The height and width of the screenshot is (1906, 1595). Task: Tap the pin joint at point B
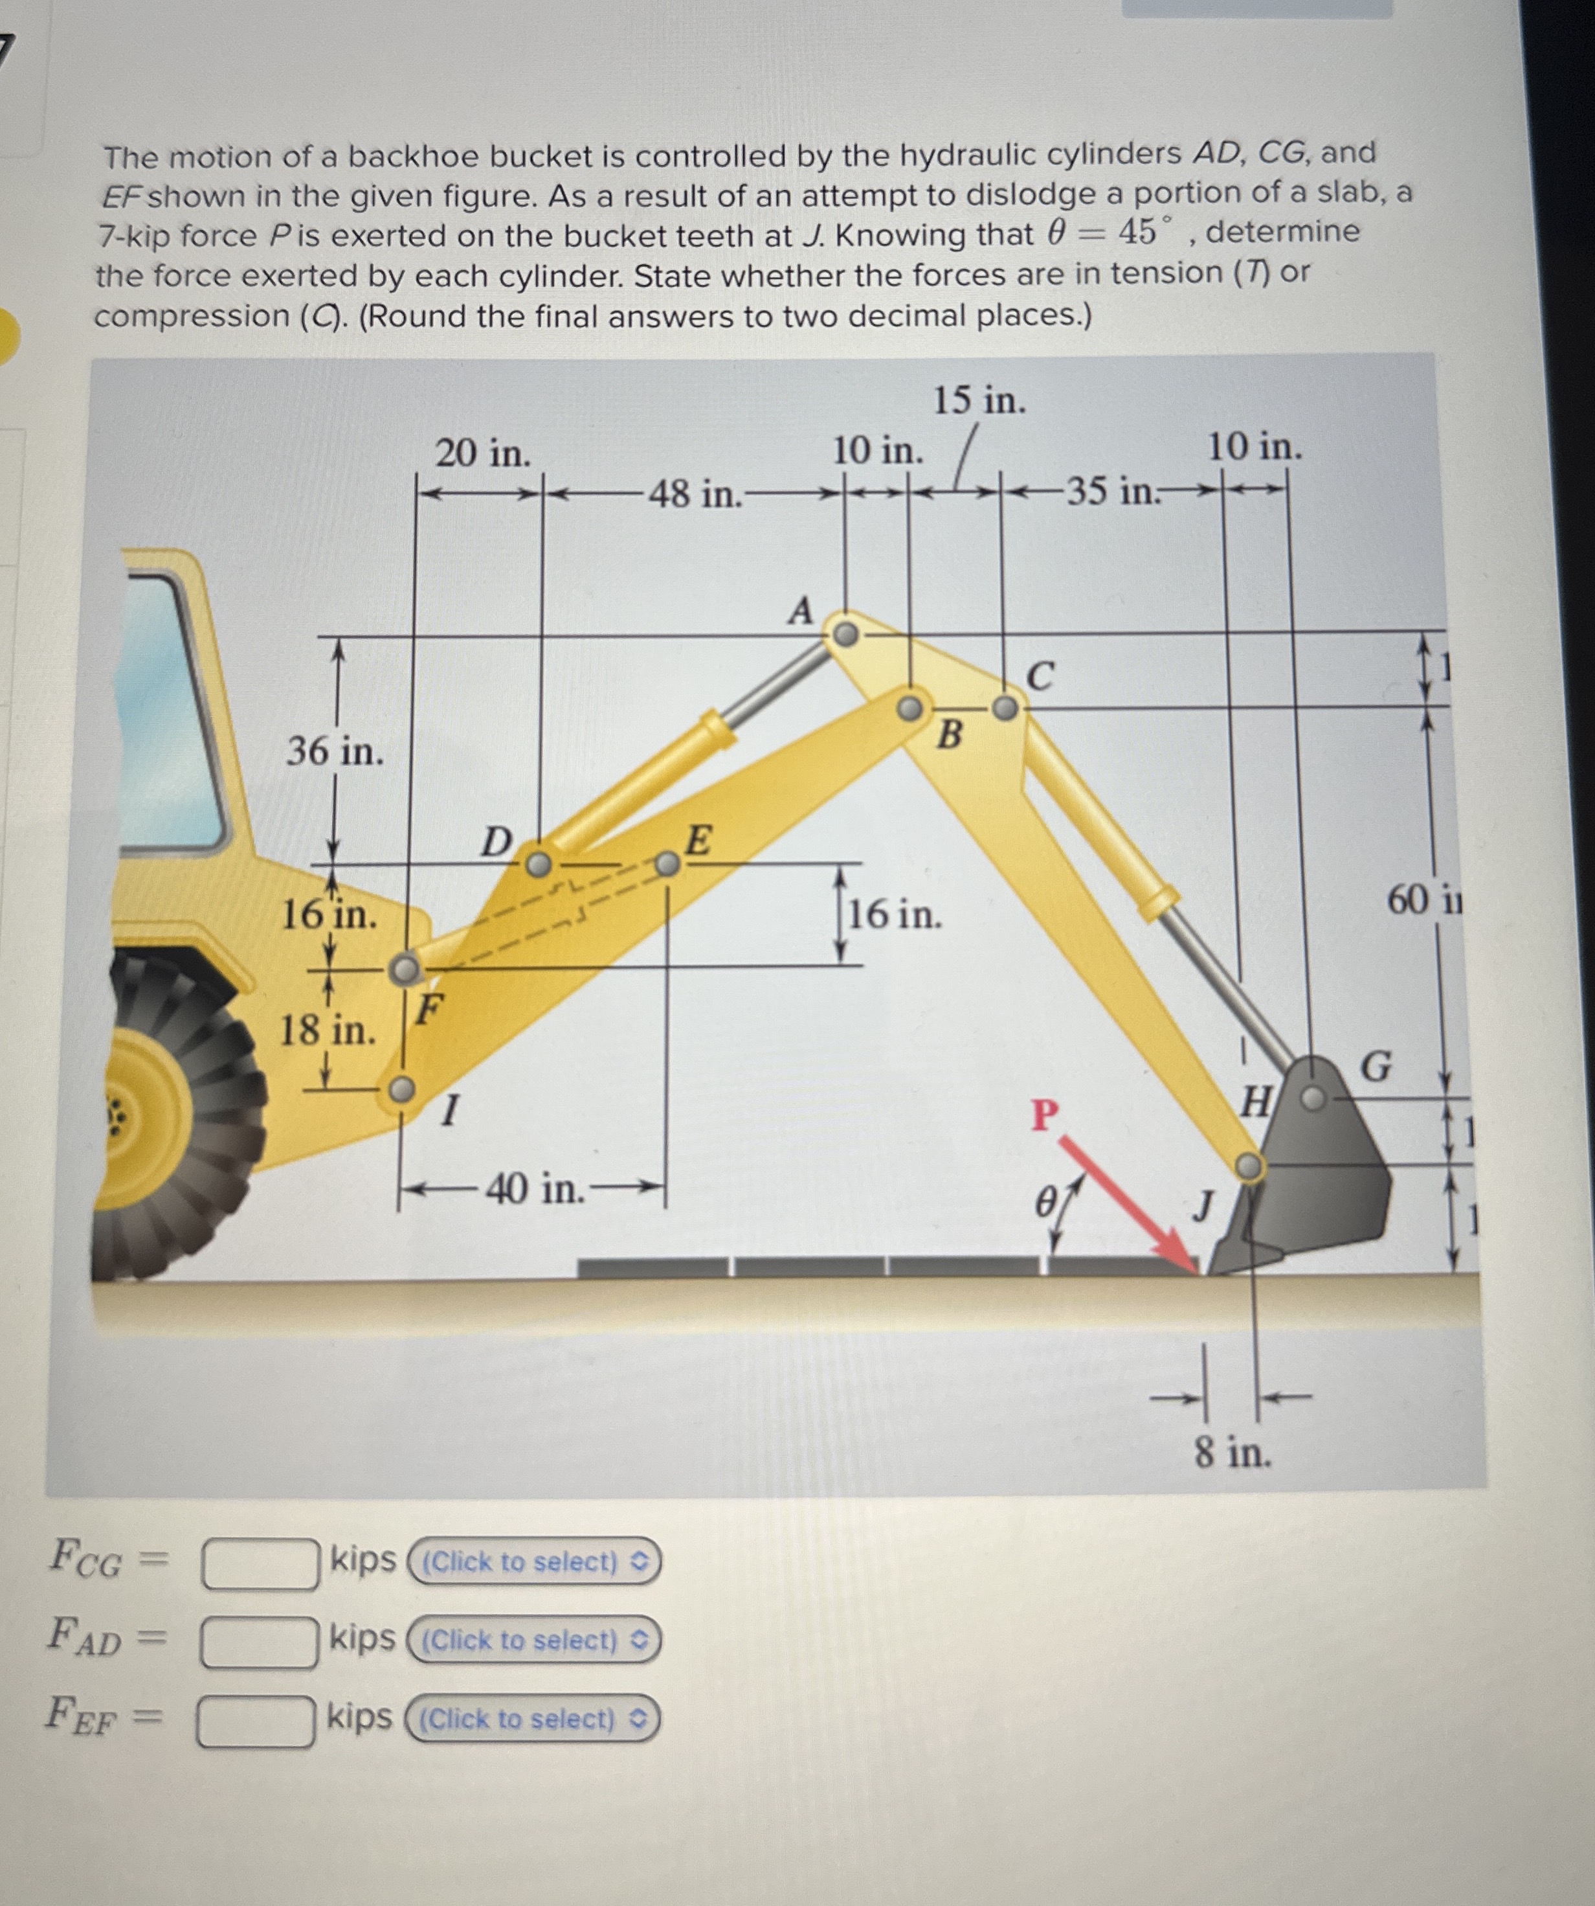coord(910,709)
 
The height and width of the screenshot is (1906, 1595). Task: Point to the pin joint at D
coord(539,863)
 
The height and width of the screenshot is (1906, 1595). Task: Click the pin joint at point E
coord(668,864)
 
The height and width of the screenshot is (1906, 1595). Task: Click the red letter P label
coord(1045,1115)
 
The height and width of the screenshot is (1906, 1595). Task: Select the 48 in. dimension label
coord(695,495)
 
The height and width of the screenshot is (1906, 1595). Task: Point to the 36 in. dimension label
coord(335,751)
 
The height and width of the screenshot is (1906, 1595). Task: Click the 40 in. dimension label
coord(535,1189)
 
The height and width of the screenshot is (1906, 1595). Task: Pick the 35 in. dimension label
coord(1112,493)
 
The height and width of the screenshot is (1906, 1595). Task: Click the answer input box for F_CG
coord(260,1563)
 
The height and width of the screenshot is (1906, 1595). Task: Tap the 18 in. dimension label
coord(328,1031)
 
